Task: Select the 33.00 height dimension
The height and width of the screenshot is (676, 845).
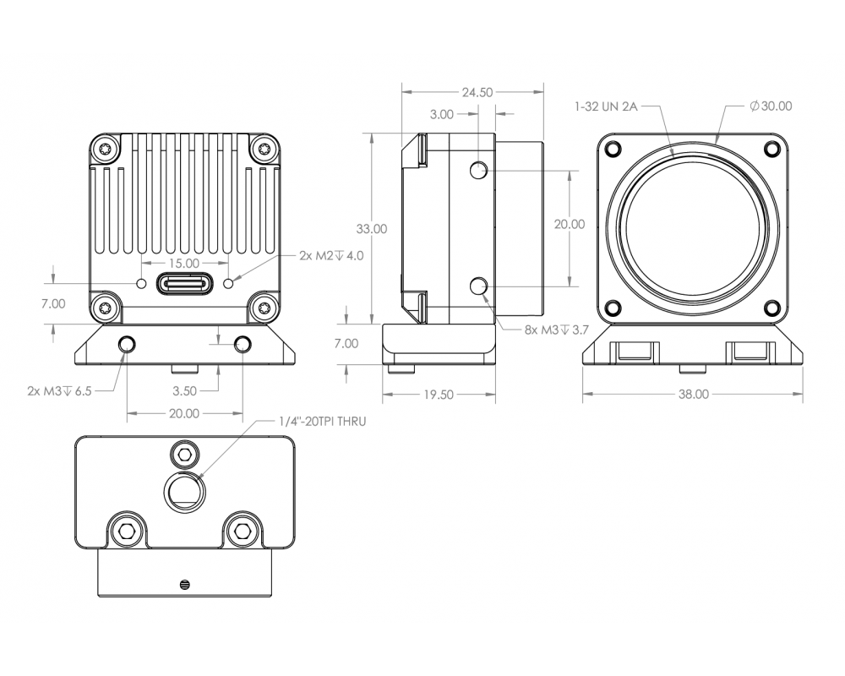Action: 372,228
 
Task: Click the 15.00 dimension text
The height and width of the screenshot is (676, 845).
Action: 184,264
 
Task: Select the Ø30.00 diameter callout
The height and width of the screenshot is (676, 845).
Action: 770,106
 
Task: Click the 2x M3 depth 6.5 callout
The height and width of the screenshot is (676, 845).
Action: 59,391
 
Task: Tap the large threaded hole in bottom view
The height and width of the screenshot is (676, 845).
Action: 183,490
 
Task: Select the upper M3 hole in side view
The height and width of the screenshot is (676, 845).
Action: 479,172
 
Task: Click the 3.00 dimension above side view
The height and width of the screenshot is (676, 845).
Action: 441,114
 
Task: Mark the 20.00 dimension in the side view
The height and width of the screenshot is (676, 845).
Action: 569,224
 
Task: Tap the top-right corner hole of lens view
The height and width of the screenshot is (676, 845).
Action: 771,150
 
